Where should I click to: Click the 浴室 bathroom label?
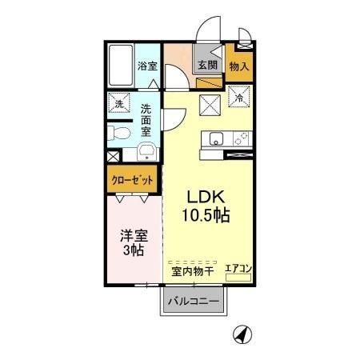tap(146, 66)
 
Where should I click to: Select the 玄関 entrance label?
tap(207, 66)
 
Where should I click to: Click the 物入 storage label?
tap(239, 66)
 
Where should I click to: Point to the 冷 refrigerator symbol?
tap(239, 98)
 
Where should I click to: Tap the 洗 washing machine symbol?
tap(119, 104)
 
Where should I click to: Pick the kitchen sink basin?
tap(215, 140)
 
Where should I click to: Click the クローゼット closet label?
tap(130, 180)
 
